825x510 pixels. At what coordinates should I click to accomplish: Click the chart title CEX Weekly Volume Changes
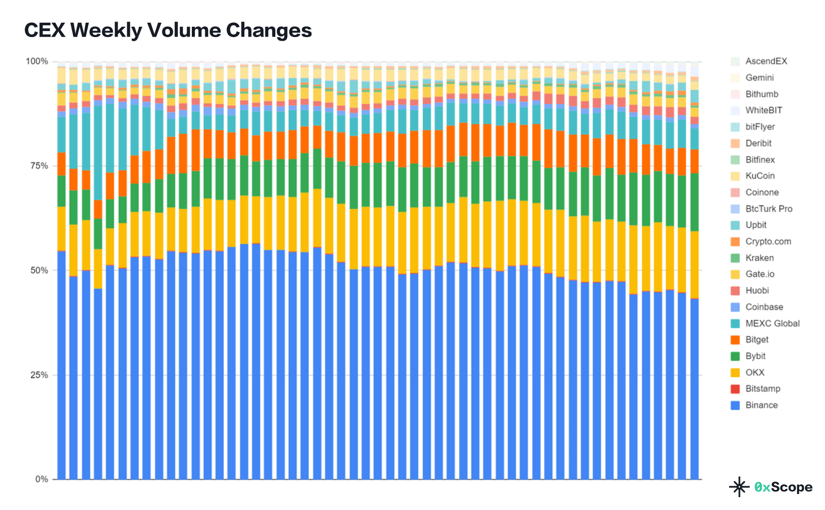point(168,30)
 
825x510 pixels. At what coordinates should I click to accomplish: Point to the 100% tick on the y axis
point(37,61)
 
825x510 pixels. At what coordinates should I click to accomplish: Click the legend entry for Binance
point(761,405)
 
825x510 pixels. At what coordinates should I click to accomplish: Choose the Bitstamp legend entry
point(763,389)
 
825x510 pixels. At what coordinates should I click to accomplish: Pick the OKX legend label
point(755,372)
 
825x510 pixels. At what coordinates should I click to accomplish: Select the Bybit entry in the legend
point(755,356)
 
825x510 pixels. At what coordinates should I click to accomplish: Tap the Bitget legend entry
point(756,339)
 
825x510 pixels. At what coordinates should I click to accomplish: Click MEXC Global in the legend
point(772,324)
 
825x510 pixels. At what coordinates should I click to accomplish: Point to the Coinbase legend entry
point(764,307)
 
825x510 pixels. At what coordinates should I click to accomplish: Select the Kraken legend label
point(760,258)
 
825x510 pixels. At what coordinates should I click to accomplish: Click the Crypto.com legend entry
point(768,242)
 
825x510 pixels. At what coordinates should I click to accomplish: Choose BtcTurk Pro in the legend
point(769,209)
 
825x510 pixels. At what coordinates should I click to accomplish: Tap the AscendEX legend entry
point(766,61)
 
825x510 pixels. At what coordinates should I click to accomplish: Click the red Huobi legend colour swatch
point(735,291)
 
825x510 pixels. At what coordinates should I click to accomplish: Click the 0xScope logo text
point(783,487)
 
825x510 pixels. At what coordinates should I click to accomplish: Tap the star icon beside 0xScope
point(739,487)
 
